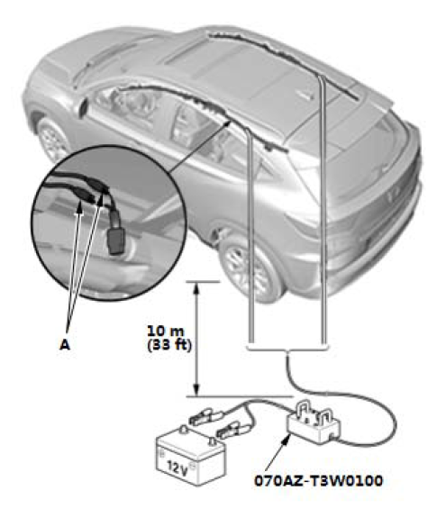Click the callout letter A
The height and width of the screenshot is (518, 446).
65,345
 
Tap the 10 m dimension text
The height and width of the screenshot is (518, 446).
166,331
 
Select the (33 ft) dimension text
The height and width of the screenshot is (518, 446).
168,345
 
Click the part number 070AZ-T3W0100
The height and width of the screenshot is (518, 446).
318,481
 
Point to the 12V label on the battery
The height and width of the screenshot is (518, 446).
177,468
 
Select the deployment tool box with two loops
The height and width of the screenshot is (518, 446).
314,424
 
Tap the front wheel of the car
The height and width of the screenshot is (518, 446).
51,140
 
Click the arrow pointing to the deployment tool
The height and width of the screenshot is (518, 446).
278,452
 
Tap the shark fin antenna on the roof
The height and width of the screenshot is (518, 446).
307,95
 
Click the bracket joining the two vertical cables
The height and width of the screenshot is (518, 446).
288,348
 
